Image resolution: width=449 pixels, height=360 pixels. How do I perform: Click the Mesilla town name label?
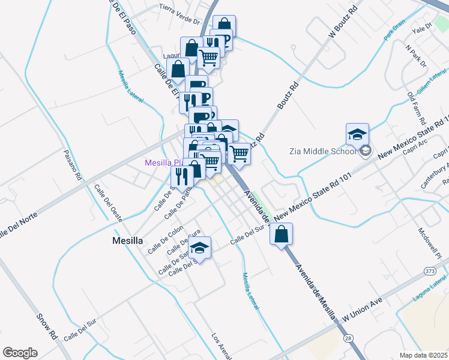point(128,241)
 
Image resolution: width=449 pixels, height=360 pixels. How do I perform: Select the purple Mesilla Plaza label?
point(161,163)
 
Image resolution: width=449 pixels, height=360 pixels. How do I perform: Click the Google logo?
point(20,353)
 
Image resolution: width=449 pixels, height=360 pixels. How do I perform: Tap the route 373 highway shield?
point(430,272)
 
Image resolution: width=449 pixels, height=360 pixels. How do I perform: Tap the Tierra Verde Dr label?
point(179,14)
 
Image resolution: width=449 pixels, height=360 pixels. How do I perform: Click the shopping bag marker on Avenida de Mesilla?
point(282,234)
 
